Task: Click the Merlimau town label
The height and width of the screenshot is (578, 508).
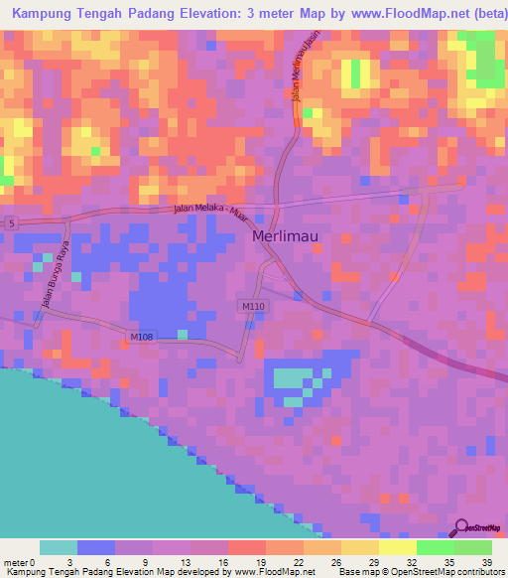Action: click(x=285, y=237)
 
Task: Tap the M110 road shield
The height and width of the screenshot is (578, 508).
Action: click(x=252, y=307)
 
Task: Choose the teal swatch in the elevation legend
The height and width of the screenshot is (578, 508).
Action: click(x=58, y=547)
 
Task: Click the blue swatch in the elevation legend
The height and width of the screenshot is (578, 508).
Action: click(x=96, y=547)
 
